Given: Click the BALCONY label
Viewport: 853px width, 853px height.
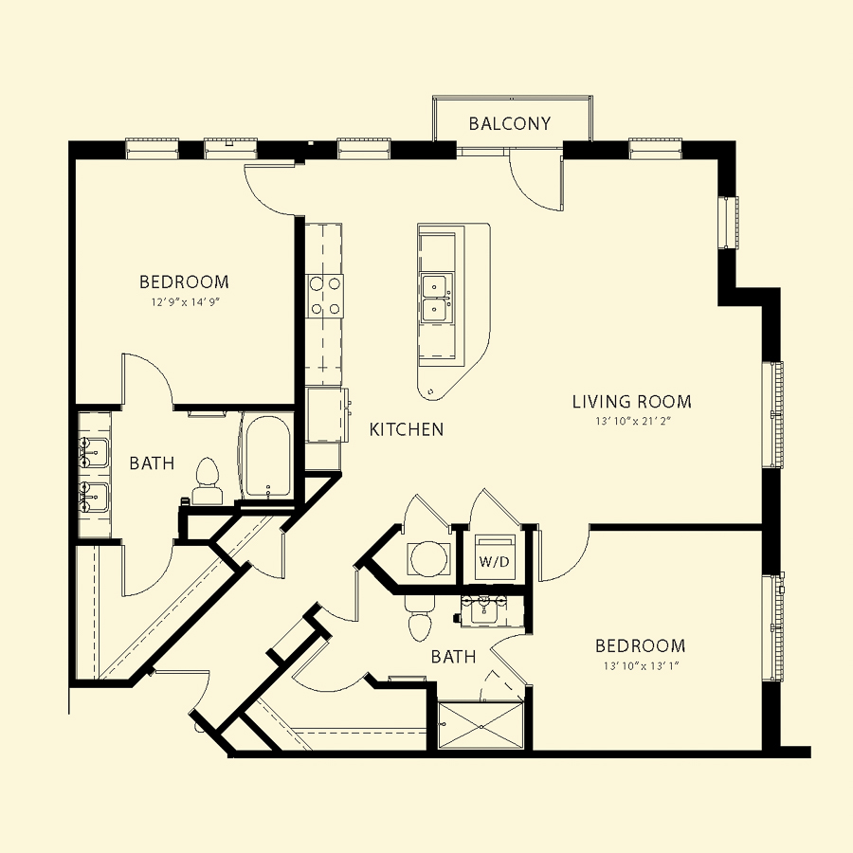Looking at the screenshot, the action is pos(510,123).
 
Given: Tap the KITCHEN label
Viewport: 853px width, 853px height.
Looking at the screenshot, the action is pos(407,429).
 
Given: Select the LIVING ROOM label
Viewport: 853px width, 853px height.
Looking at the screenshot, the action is pos(631,402).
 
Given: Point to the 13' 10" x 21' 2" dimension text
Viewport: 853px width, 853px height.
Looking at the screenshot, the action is pos(634,421).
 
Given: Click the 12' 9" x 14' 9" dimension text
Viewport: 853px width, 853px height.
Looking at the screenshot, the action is pos(185,302).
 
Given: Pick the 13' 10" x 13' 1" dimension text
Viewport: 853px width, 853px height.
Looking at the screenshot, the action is pos(642,665).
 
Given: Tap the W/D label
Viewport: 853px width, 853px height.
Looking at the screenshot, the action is pos(494,561).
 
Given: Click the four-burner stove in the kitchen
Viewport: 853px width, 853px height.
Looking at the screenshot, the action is pos(325,297).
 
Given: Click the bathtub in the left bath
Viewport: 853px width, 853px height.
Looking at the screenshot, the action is pos(266,457).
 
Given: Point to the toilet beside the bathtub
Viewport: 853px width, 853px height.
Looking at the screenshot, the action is pos(207,481).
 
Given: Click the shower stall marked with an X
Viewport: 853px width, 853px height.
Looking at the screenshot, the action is pos(481,726).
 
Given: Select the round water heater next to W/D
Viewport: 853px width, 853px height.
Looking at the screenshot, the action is pos(429,558).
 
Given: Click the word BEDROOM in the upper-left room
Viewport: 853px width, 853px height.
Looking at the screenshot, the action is pos(185,281).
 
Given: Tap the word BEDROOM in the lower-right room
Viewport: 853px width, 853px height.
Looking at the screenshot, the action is pos(641,645).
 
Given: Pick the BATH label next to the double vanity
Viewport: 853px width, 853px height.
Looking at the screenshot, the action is pos(152,463).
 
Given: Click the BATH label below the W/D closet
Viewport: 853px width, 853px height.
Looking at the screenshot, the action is pos(453,657).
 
